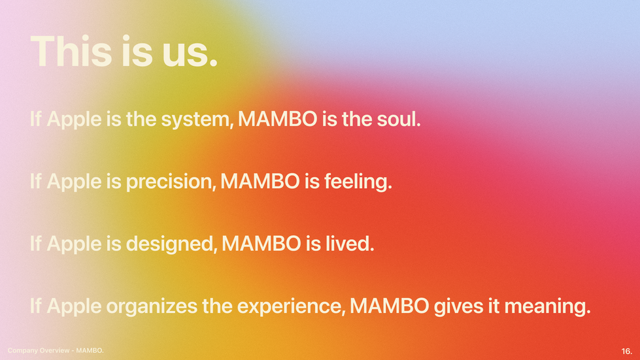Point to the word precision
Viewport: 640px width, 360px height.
(171, 182)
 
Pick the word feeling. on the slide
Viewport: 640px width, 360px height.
(358, 182)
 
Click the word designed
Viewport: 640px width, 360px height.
(171, 244)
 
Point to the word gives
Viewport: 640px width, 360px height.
(459, 306)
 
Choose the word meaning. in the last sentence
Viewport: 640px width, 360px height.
(548, 306)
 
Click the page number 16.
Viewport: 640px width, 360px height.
(626, 351)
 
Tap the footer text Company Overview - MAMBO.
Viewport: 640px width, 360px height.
(56, 351)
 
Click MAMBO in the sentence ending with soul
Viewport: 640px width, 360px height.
(278, 119)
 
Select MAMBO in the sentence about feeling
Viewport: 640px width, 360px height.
(260, 182)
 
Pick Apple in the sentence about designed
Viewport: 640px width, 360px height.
(74, 244)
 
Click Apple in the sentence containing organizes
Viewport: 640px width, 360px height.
(74, 306)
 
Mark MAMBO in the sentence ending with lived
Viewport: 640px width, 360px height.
(261, 244)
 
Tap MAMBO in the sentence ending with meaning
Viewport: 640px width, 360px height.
(390, 306)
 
